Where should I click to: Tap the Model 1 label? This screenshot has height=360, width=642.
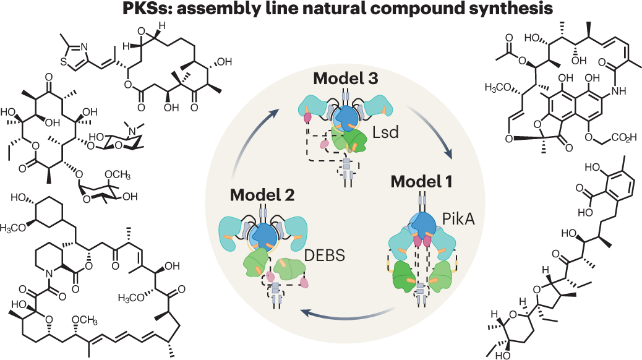[426, 182]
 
